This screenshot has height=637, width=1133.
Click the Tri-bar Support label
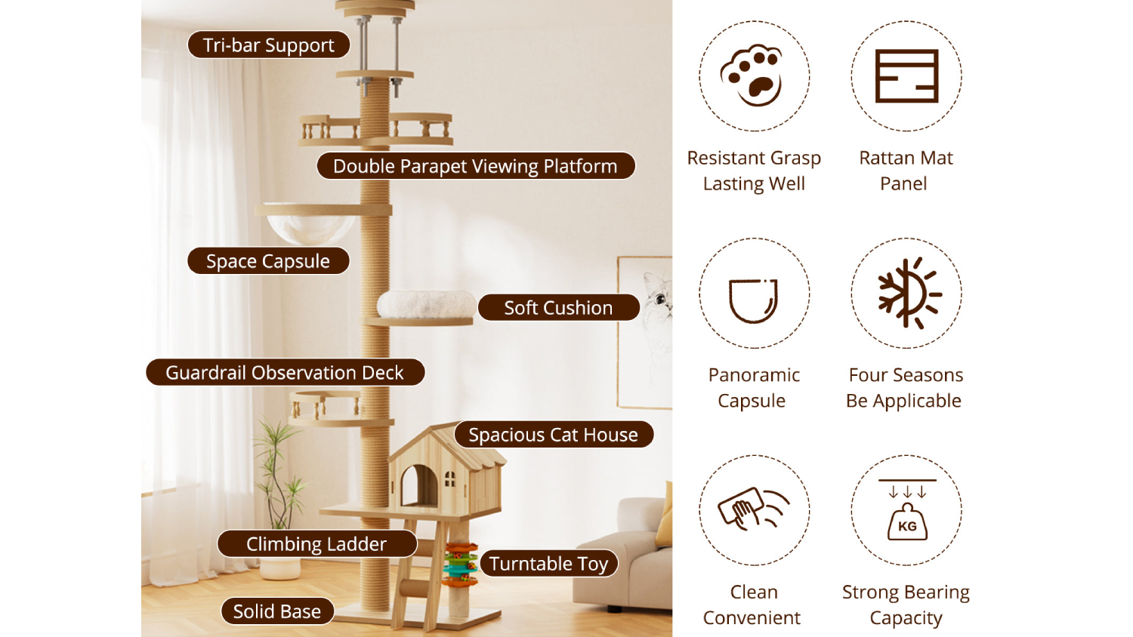[269, 45]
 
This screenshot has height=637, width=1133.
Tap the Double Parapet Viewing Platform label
[475, 166]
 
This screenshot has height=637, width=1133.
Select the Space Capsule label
[268, 261]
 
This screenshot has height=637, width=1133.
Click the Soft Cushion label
[558, 307]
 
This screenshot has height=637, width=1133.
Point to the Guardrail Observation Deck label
[286, 372]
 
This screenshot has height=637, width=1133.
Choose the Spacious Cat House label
[554, 434]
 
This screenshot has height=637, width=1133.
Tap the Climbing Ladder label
[316, 543]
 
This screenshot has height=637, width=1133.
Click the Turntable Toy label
[549, 563]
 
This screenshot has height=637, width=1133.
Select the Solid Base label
[277, 611]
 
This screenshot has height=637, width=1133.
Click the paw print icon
[752, 75]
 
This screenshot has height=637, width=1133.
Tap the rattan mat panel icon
[906, 75]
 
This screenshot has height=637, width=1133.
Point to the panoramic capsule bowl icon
[752, 301]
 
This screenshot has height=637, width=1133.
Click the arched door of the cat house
[418, 485]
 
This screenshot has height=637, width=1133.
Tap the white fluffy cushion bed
[426, 304]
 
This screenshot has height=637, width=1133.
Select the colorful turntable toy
[460, 564]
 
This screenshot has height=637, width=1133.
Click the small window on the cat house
[449, 479]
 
